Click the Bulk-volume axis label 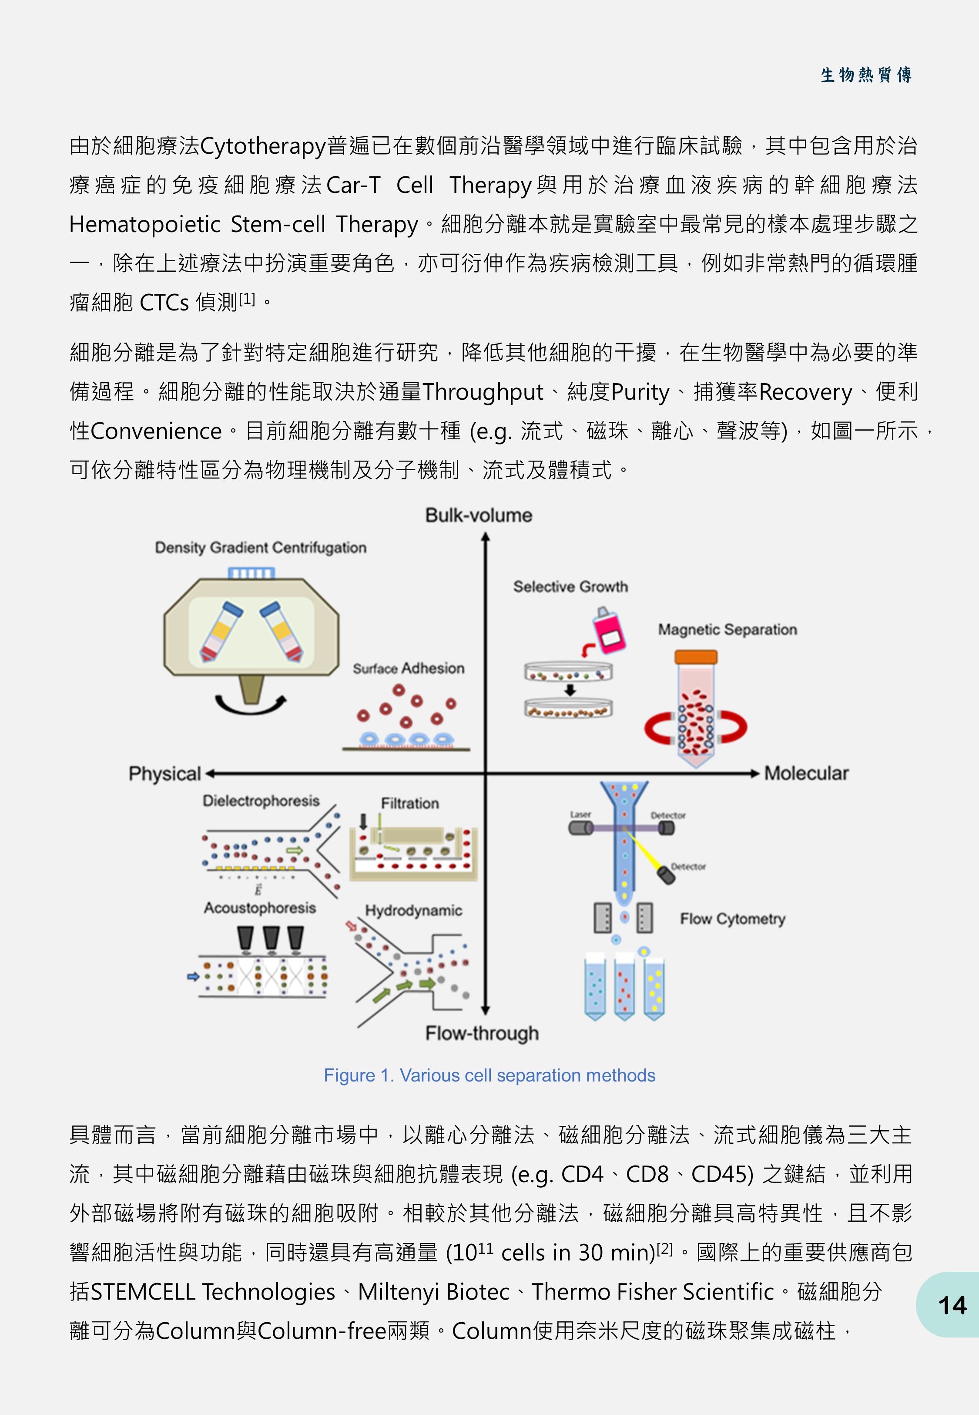tap(479, 515)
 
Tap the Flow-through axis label tap(482, 1033)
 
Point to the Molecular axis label tap(806, 773)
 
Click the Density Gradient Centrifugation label tap(261, 547)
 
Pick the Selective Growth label tap(570, 586)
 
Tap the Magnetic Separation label tap(728, 630)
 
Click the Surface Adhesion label tap(409, 668)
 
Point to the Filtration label tap(410, 803)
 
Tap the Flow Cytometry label tap(732, 919)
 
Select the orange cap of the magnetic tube tap(696, 657)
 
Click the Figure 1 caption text tap(489, 1075)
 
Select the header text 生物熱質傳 tap(866, 75)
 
